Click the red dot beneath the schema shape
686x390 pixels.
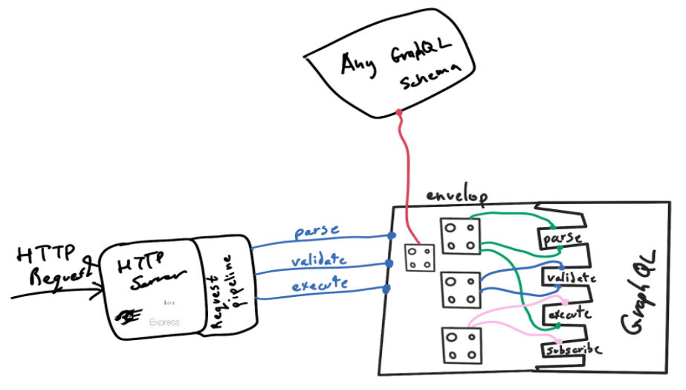[399, 113]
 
